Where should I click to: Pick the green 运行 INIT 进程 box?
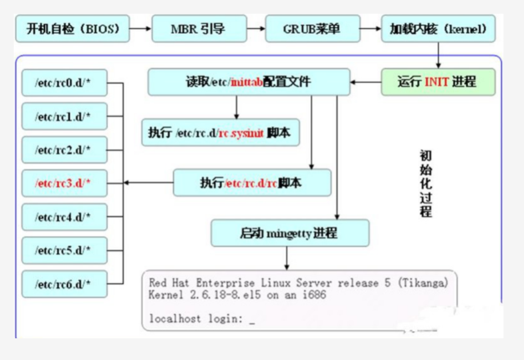pos(438,82)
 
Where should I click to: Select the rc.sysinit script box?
pos(220,133)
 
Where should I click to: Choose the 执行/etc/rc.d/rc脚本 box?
pos(252,183)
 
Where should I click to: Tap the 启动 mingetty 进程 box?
pos(290,233)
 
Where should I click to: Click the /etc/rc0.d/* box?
pos(64,83)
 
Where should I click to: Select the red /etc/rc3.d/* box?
pos(64,183)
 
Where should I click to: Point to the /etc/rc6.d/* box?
pos(64,283)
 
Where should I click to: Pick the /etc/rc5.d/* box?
pos(64,250)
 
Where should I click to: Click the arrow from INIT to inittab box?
pos(366,82)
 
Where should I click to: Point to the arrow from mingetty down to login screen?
pos(286,258)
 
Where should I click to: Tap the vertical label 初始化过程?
pos(426,183)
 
